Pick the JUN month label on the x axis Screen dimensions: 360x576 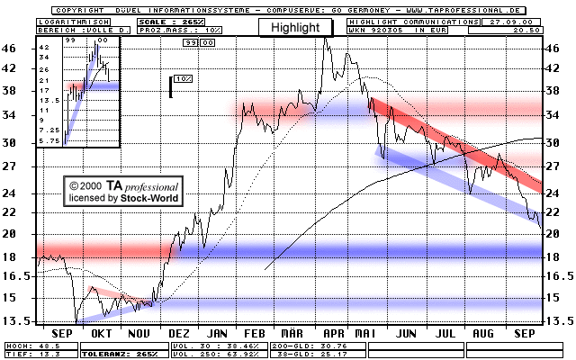[407, 333]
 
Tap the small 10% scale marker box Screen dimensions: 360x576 [182, 80]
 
